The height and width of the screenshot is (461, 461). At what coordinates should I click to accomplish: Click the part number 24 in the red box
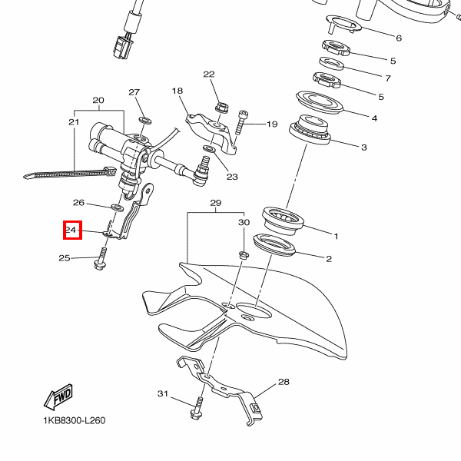71,230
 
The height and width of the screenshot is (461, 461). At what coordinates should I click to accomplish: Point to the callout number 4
374,118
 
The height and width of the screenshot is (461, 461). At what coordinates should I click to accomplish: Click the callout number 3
364,148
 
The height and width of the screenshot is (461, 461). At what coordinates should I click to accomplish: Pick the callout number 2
329,259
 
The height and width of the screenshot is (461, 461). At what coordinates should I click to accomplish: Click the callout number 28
284,382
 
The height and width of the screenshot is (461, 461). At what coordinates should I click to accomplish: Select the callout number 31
162,394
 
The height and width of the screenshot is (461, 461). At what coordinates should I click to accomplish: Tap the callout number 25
65,258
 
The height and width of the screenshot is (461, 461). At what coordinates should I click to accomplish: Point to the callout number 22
209,75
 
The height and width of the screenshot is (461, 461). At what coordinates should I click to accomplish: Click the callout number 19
271,124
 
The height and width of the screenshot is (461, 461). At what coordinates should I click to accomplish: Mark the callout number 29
216,203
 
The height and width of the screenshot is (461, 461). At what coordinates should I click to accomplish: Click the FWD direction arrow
58,398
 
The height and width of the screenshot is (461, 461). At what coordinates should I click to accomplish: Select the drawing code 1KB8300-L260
74,420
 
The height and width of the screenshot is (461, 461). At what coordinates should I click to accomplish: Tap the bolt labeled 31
196,410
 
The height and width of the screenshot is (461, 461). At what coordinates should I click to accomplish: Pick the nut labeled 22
217,105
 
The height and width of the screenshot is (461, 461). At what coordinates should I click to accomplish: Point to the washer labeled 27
145,120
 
